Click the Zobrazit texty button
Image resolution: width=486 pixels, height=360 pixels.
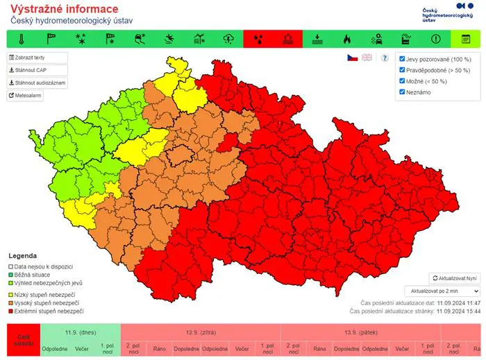click(37, 58)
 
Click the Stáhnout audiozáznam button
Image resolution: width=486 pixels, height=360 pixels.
click(37, 83)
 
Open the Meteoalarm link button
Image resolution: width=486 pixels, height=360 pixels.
click(26, 96)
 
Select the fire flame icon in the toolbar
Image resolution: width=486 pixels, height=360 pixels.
click(347, 39)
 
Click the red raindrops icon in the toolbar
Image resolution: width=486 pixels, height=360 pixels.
click(259, 39)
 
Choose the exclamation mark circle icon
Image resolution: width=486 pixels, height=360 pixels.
click(436, 39)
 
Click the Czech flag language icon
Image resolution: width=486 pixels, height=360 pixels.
click(353, 58)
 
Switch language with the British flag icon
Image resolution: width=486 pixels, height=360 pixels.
click(367, 58)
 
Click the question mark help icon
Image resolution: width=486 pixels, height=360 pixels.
click(385, 58)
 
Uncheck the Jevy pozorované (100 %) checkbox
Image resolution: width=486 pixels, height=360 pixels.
click(402, 60)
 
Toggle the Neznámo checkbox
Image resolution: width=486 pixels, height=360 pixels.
click(402, 92)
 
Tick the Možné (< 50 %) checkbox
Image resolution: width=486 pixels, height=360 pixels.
click(402, 81)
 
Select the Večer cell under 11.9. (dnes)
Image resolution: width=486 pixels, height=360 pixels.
click(82, 348)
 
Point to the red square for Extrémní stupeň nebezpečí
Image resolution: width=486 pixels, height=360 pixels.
click(10, 312)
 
